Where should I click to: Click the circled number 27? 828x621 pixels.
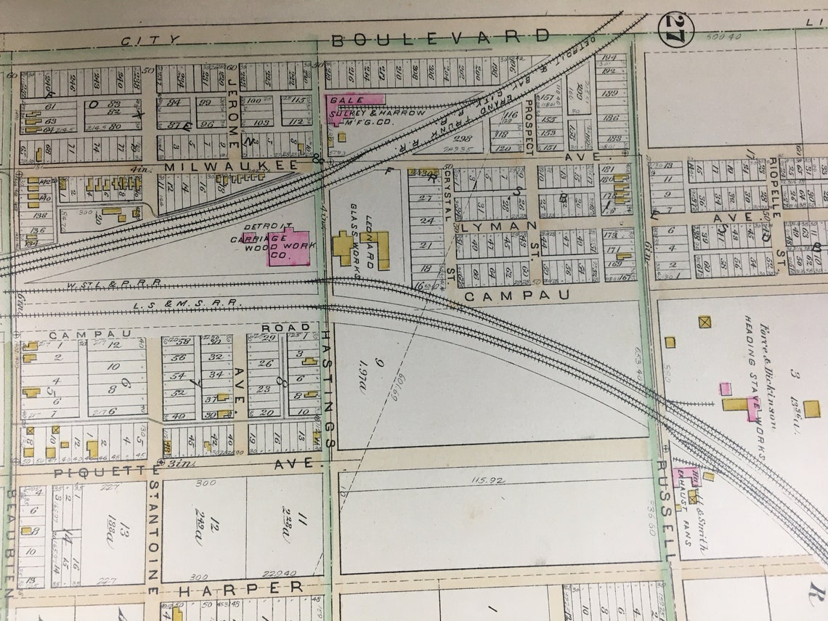675,30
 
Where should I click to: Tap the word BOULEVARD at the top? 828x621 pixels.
440,38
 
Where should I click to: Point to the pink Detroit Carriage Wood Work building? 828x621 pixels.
288,246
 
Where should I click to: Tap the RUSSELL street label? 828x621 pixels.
665,508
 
